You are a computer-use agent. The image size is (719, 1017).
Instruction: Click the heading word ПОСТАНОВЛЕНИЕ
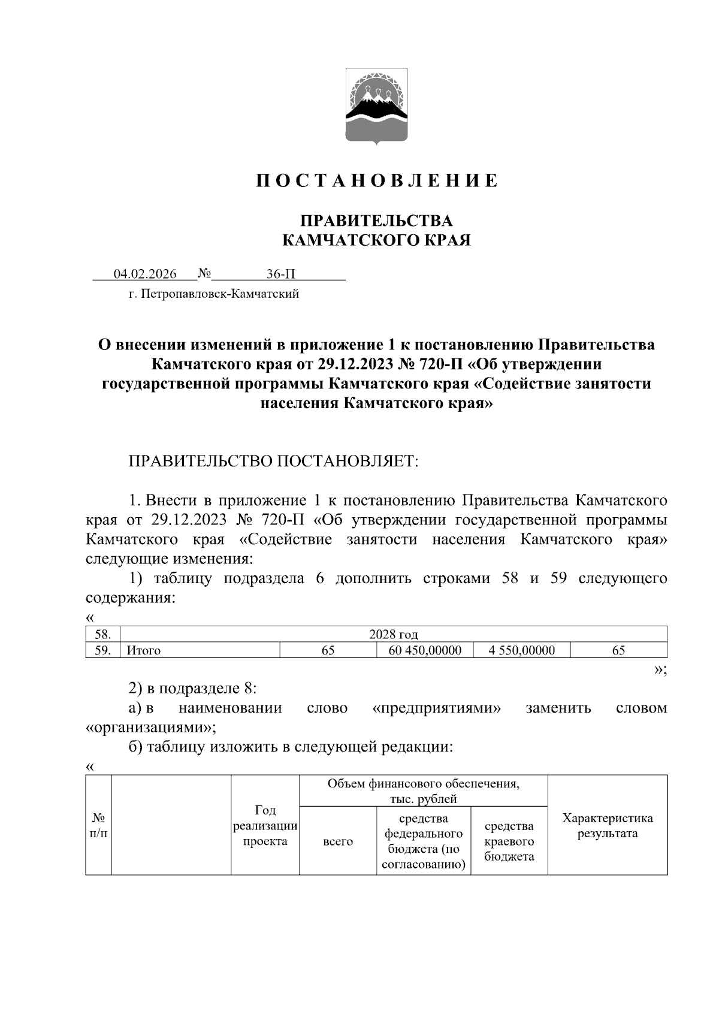click(377, 181)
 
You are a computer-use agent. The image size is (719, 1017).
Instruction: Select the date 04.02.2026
click(145, 274)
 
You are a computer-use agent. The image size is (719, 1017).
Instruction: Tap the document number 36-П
click(281, 274)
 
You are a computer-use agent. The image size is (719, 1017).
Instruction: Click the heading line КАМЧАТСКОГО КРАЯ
click(376, 241)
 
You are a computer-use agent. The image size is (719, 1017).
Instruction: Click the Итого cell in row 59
click(144, 650)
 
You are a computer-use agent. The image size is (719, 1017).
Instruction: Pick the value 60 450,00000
click(425, 650)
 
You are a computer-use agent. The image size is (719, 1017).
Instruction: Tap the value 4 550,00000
click(521, 650)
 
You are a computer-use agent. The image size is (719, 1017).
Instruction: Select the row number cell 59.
click(102, 650)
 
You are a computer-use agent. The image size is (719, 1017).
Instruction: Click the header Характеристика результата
click(607, 826)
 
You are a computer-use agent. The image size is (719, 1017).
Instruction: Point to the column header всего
click(338, 841)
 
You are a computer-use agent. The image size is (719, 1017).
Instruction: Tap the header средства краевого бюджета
click(509, 841)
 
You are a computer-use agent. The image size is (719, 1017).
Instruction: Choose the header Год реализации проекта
click(265, 826)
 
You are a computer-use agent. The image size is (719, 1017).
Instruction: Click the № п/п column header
click(98, 826)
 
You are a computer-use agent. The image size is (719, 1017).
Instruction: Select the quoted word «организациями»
click(151, 728)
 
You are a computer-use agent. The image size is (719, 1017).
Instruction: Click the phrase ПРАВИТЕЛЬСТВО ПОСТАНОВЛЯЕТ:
click(273, 461)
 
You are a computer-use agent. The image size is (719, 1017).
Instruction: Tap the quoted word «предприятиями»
click(437, 708)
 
